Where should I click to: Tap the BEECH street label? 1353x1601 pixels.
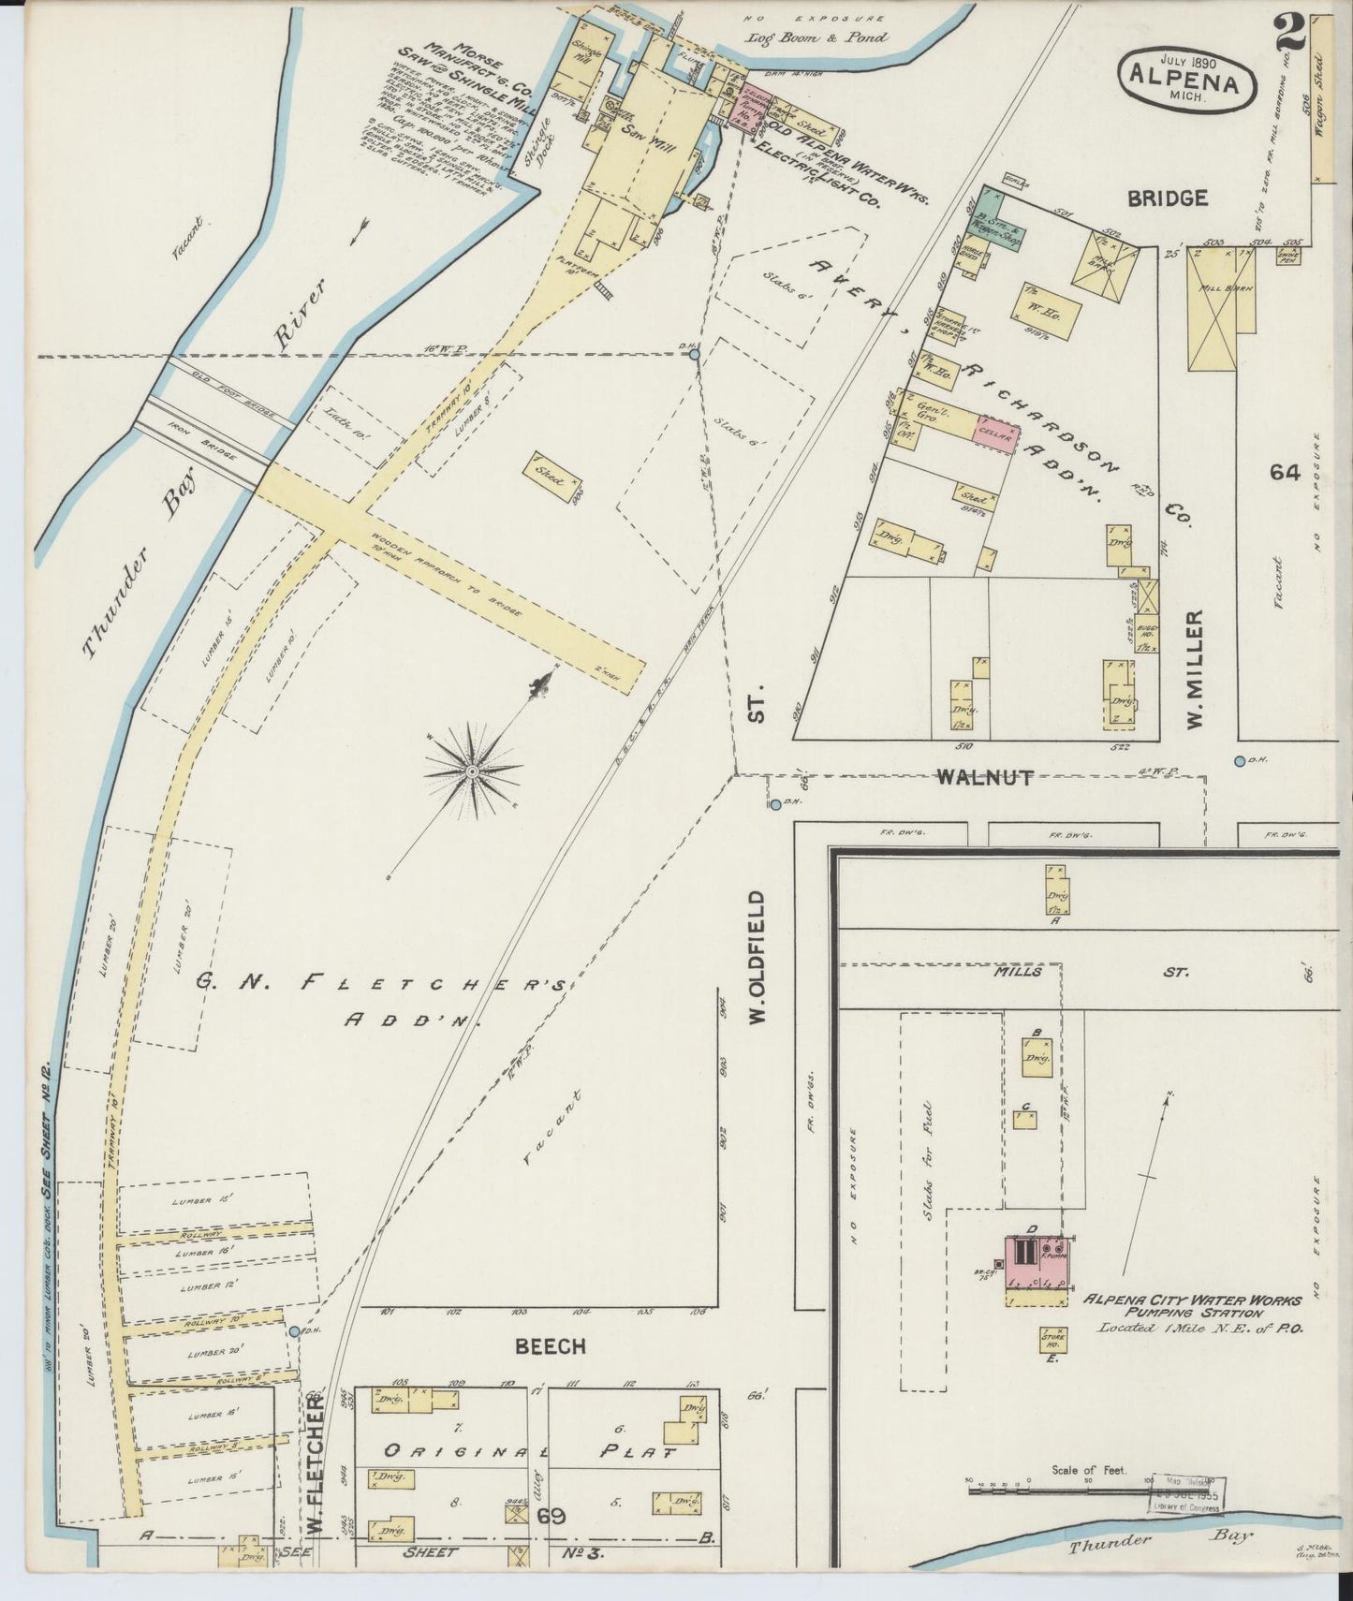click(x=551, y=1346)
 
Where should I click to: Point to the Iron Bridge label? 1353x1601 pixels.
click(x=199, y=449)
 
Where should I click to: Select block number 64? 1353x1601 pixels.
click(x=1285, y=473)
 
